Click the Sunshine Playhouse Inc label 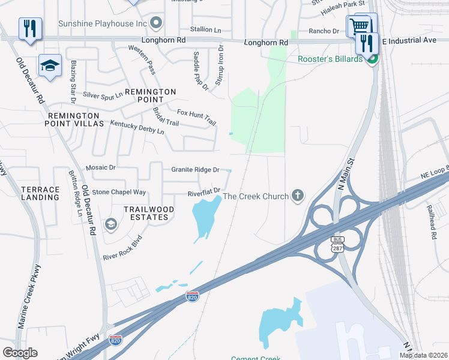[103, 23]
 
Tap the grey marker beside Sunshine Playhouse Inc [157, 23]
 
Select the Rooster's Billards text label [330, 59]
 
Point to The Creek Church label [256, 196]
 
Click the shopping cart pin [358, 26]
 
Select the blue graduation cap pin [50, 66]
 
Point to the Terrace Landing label [41, 193]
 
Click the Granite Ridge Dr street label [196, 170]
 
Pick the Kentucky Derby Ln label [137, 127]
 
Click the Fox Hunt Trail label [196, 116]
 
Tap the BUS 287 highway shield [337, 244]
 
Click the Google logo [20, 353]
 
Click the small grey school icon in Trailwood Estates [110, 224]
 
